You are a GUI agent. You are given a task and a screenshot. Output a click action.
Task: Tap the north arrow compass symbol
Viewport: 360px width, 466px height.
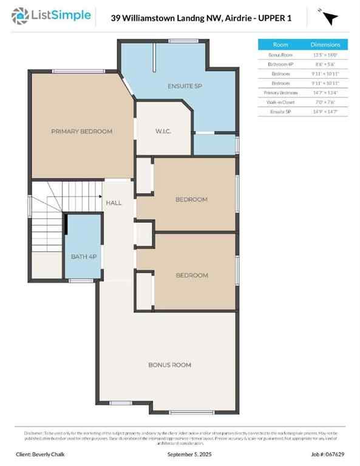(x=330, y=18)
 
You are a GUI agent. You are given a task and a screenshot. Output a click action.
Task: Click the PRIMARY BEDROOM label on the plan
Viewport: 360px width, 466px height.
(x=81, y=131)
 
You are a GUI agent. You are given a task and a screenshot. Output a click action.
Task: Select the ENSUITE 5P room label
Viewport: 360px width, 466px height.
(x=185, y=86)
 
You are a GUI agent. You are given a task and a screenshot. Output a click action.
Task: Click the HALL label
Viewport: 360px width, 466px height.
(x=114, y=202)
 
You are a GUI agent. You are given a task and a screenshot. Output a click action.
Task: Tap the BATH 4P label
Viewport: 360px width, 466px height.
(x=84, y=257)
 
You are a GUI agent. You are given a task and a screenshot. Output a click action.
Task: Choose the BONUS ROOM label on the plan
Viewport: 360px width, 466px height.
(x=170, y=365)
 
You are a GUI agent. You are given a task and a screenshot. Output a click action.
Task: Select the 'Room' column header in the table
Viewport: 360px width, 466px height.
(x=280, y=45)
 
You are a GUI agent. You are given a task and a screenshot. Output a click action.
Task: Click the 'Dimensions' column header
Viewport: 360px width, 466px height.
(x=326, y=45)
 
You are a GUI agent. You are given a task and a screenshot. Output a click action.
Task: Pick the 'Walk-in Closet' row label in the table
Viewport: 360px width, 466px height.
(x=280, y=102)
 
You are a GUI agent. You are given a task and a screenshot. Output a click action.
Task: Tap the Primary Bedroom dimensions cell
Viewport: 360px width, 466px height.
(x=326, y=93)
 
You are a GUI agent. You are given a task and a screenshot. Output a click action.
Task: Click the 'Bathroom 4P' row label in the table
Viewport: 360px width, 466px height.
(x=280, y=64)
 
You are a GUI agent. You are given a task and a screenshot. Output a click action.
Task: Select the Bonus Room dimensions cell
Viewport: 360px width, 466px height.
(x=326, y=55)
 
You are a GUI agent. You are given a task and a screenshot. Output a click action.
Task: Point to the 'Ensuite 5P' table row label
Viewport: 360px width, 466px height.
(x=280, y=112)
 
